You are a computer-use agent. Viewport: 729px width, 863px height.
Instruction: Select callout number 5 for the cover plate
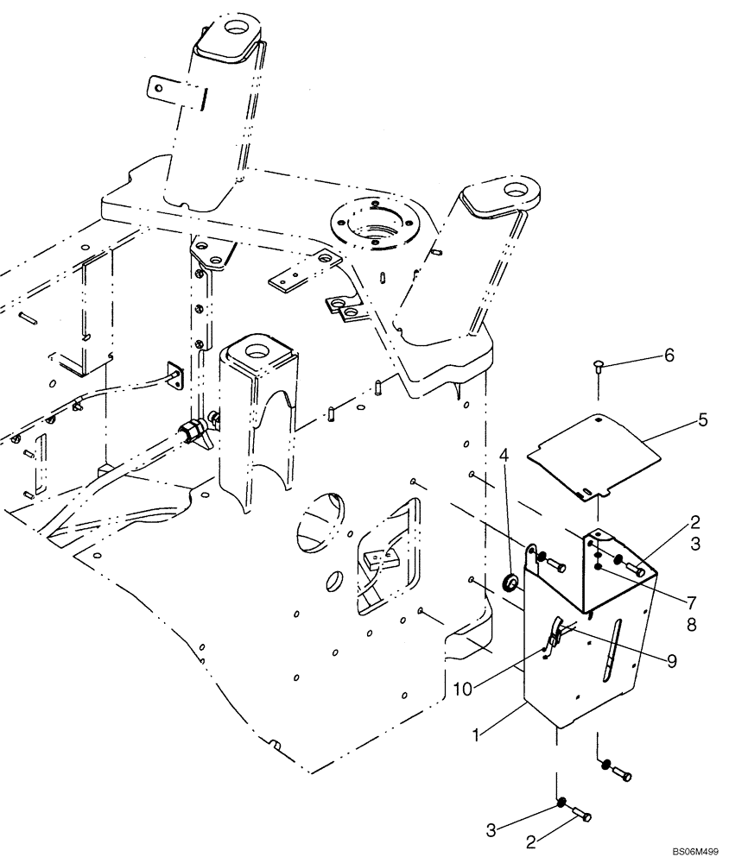[x=703, y=420]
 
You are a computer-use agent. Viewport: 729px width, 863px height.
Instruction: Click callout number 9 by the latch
[x=670, y=659]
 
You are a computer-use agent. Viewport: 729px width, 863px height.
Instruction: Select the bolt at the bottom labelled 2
[x=581, y=815]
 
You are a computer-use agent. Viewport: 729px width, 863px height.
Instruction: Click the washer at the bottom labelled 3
[x=561, y=803]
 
